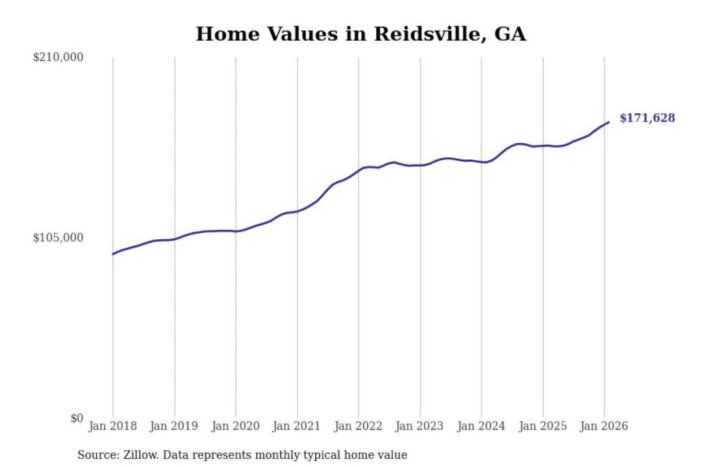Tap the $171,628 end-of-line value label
(x=647, y=118)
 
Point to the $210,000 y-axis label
(x=58, y=57)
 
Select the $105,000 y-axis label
(x=58, y=238)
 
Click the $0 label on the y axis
(x=76, y=418)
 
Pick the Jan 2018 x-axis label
(x=113, y=426)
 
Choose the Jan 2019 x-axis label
(x=174, y=426)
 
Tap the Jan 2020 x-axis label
(x=236, y=426)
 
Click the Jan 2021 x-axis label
(x=297, y=426)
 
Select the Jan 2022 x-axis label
(x=358, y=426)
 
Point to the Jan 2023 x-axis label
(x=419, y=426)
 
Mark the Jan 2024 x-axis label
(x=481, y=426)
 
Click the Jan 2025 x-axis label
(x=543, y=426)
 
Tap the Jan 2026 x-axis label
(x=604, y=426)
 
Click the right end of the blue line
(x=609, y=122)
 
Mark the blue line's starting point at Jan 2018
(x=113, y=254)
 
